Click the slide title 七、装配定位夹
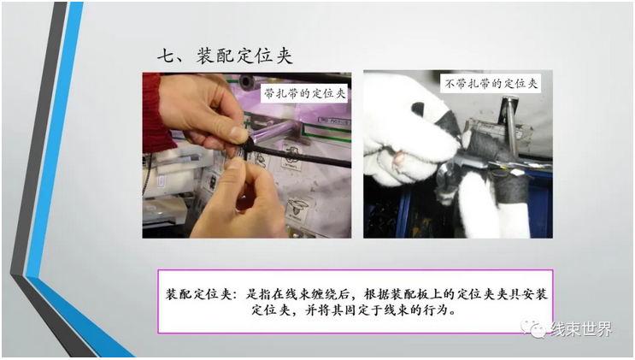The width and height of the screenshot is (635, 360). (225, 56)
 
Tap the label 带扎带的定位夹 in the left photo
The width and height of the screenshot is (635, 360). (304, 94)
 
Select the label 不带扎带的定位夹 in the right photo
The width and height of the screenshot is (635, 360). (491, 84)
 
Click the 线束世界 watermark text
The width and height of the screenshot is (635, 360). (581, 328)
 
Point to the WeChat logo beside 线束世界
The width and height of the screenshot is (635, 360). (534, 328)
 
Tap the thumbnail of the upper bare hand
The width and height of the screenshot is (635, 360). (238, 133)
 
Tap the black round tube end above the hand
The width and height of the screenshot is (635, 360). (247, 81)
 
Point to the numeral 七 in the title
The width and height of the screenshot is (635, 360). (166, 56)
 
